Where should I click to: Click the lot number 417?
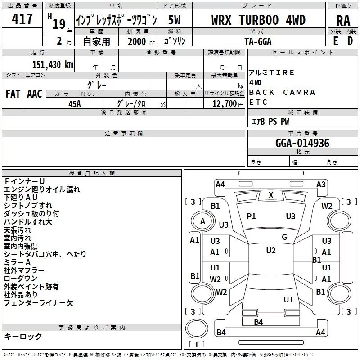pos(22,19)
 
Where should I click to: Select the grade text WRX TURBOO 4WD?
pos(258,20)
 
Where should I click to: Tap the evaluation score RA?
pos(343,21)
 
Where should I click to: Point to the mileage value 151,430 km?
pos(53,64)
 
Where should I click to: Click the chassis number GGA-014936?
pos(302,144)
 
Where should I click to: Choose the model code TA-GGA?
pos(258,41)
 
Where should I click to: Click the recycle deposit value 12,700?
pos(223,103)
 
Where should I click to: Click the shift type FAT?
pos(13,94)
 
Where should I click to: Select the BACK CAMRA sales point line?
pos(282,92)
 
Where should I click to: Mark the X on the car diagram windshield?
pos(271,195)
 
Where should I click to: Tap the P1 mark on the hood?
pos(251,216)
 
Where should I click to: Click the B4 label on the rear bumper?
pos(258,322)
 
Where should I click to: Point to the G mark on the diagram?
pos(284,237)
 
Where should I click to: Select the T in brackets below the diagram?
pos(197,344)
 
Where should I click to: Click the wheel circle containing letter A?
pos(202,221)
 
